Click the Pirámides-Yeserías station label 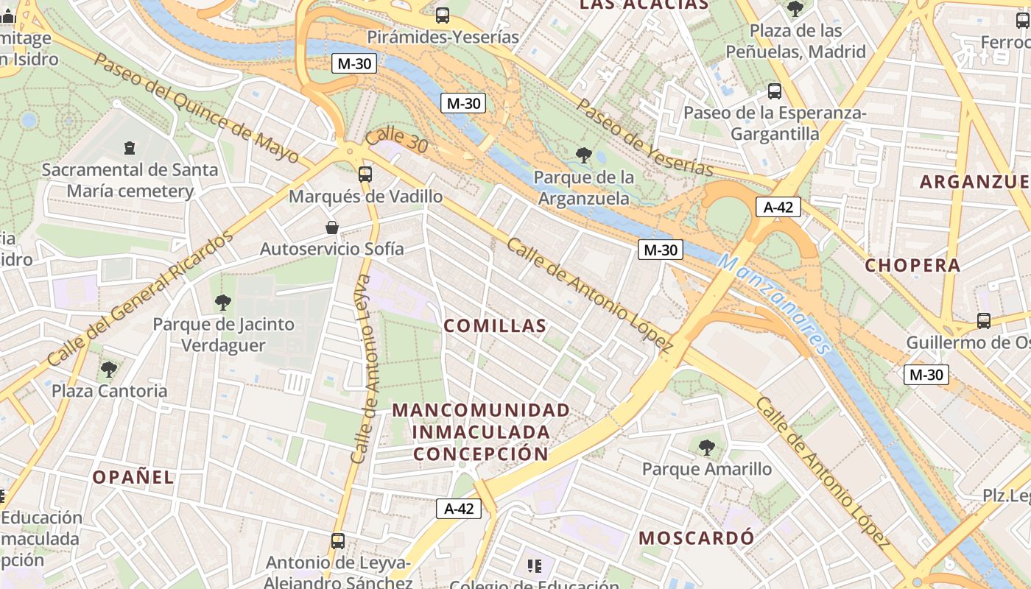pos(443,37)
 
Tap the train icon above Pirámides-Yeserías pos(443,15)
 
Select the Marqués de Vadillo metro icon pos(365,174)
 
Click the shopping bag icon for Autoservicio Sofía pos(332,227)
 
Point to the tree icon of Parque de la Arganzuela pos(584,155)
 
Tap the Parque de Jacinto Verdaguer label pos(223,334)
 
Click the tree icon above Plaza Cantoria pos(109,369)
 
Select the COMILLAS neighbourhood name pos(495,326)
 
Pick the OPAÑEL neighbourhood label pos(133,477)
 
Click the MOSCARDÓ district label pos(696,538)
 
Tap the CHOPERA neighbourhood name pos(912,266)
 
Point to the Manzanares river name pos(775,303)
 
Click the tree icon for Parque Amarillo pos(707,447)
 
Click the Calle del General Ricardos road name pos(140,298)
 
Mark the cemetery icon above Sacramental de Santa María pos(130,148)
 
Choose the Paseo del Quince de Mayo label pos(197,107)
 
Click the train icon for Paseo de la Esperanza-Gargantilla pos(775,91)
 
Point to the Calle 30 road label pos(396,140)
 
